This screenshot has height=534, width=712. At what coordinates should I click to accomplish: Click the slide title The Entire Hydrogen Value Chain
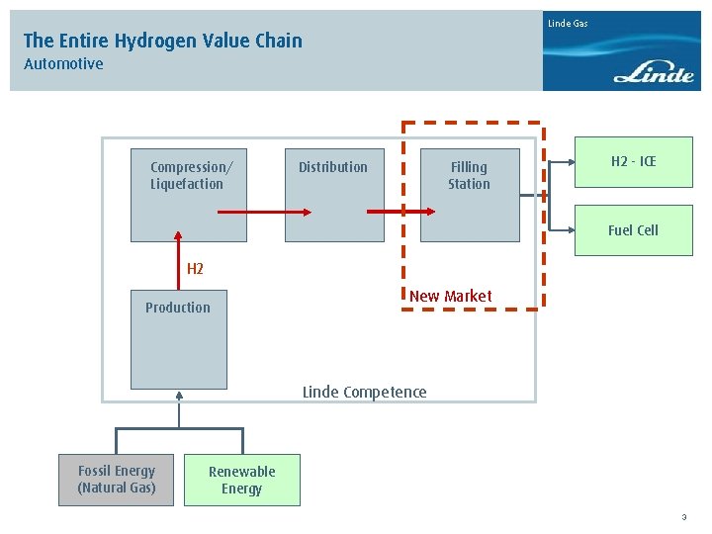(x=162, y=41)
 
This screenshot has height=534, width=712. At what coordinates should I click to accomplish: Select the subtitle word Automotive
(x=63, y=64)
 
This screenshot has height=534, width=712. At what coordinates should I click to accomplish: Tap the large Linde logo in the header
(x=654, y=72)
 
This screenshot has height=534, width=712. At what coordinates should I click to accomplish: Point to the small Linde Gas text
(x=568, y=23)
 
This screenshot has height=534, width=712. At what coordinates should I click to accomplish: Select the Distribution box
(x=333, y=193)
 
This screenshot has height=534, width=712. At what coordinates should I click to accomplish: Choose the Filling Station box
(x=469, y=193)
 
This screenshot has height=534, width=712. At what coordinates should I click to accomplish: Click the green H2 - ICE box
(x=633, y=162)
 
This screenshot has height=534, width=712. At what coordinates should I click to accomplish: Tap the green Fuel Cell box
(x=633, y=230)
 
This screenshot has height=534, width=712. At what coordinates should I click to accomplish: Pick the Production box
(x=178, y=339)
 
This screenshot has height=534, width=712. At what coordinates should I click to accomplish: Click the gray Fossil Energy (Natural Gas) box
(x=116, y=480)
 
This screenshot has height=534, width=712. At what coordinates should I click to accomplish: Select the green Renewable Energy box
(x=241, y=480)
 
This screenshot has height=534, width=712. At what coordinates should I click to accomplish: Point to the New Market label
(x=450, y=296)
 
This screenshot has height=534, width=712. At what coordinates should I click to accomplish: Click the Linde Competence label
(x=364, y=392)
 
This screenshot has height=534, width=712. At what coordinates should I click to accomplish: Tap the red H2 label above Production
(x=195, y=269)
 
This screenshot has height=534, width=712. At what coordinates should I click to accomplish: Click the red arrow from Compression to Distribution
(x=263, y=212)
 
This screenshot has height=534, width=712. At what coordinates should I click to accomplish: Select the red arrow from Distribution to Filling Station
(x=400, y=212)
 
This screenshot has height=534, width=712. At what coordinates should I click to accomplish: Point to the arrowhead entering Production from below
(x=179, y=396)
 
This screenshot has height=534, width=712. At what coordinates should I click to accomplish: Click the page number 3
(x=683, y=516)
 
